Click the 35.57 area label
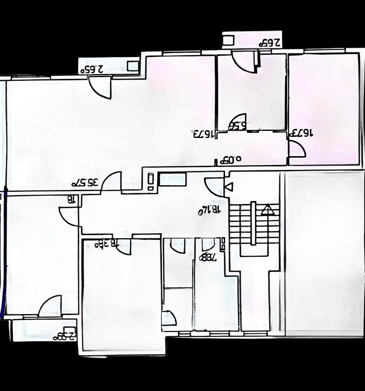point(85,182)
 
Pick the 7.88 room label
point(207,257)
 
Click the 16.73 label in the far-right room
point(301,133)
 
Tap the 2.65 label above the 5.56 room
point(270,43)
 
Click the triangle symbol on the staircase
point(268,210)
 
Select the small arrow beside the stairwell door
point(229,187)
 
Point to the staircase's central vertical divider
point(253,223)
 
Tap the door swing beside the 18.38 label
point(124,247)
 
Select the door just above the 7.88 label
point(208,244)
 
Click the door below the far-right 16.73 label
point(296,149)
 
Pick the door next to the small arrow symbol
point(215,186)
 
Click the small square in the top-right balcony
point(228,40)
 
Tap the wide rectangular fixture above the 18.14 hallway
point(172,180)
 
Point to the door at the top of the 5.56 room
point(244,61)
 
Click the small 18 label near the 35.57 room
point(72,200)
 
